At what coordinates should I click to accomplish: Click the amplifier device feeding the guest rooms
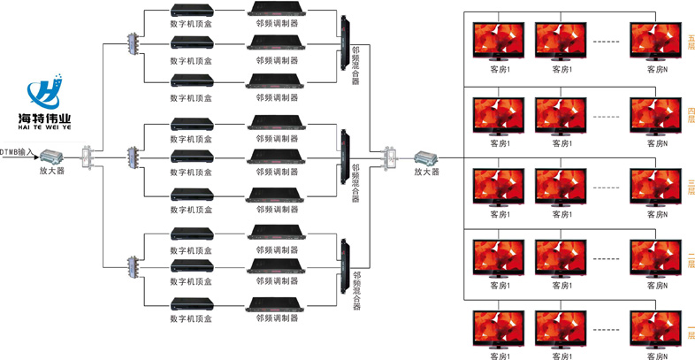pyautogui.click(x=426, y=159)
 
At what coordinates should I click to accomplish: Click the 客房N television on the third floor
pyautogui.click(x=654, y=186)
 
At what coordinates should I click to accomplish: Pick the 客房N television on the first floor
pyautogui.click(x=654, y=329)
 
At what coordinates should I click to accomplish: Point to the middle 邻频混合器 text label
pyautogui.click(x=355, y=182)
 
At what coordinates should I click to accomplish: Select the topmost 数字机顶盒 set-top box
pyautogui.click(x=191, y=11)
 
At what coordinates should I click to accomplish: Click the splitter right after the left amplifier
pyautogui.click(x=87, y=159)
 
